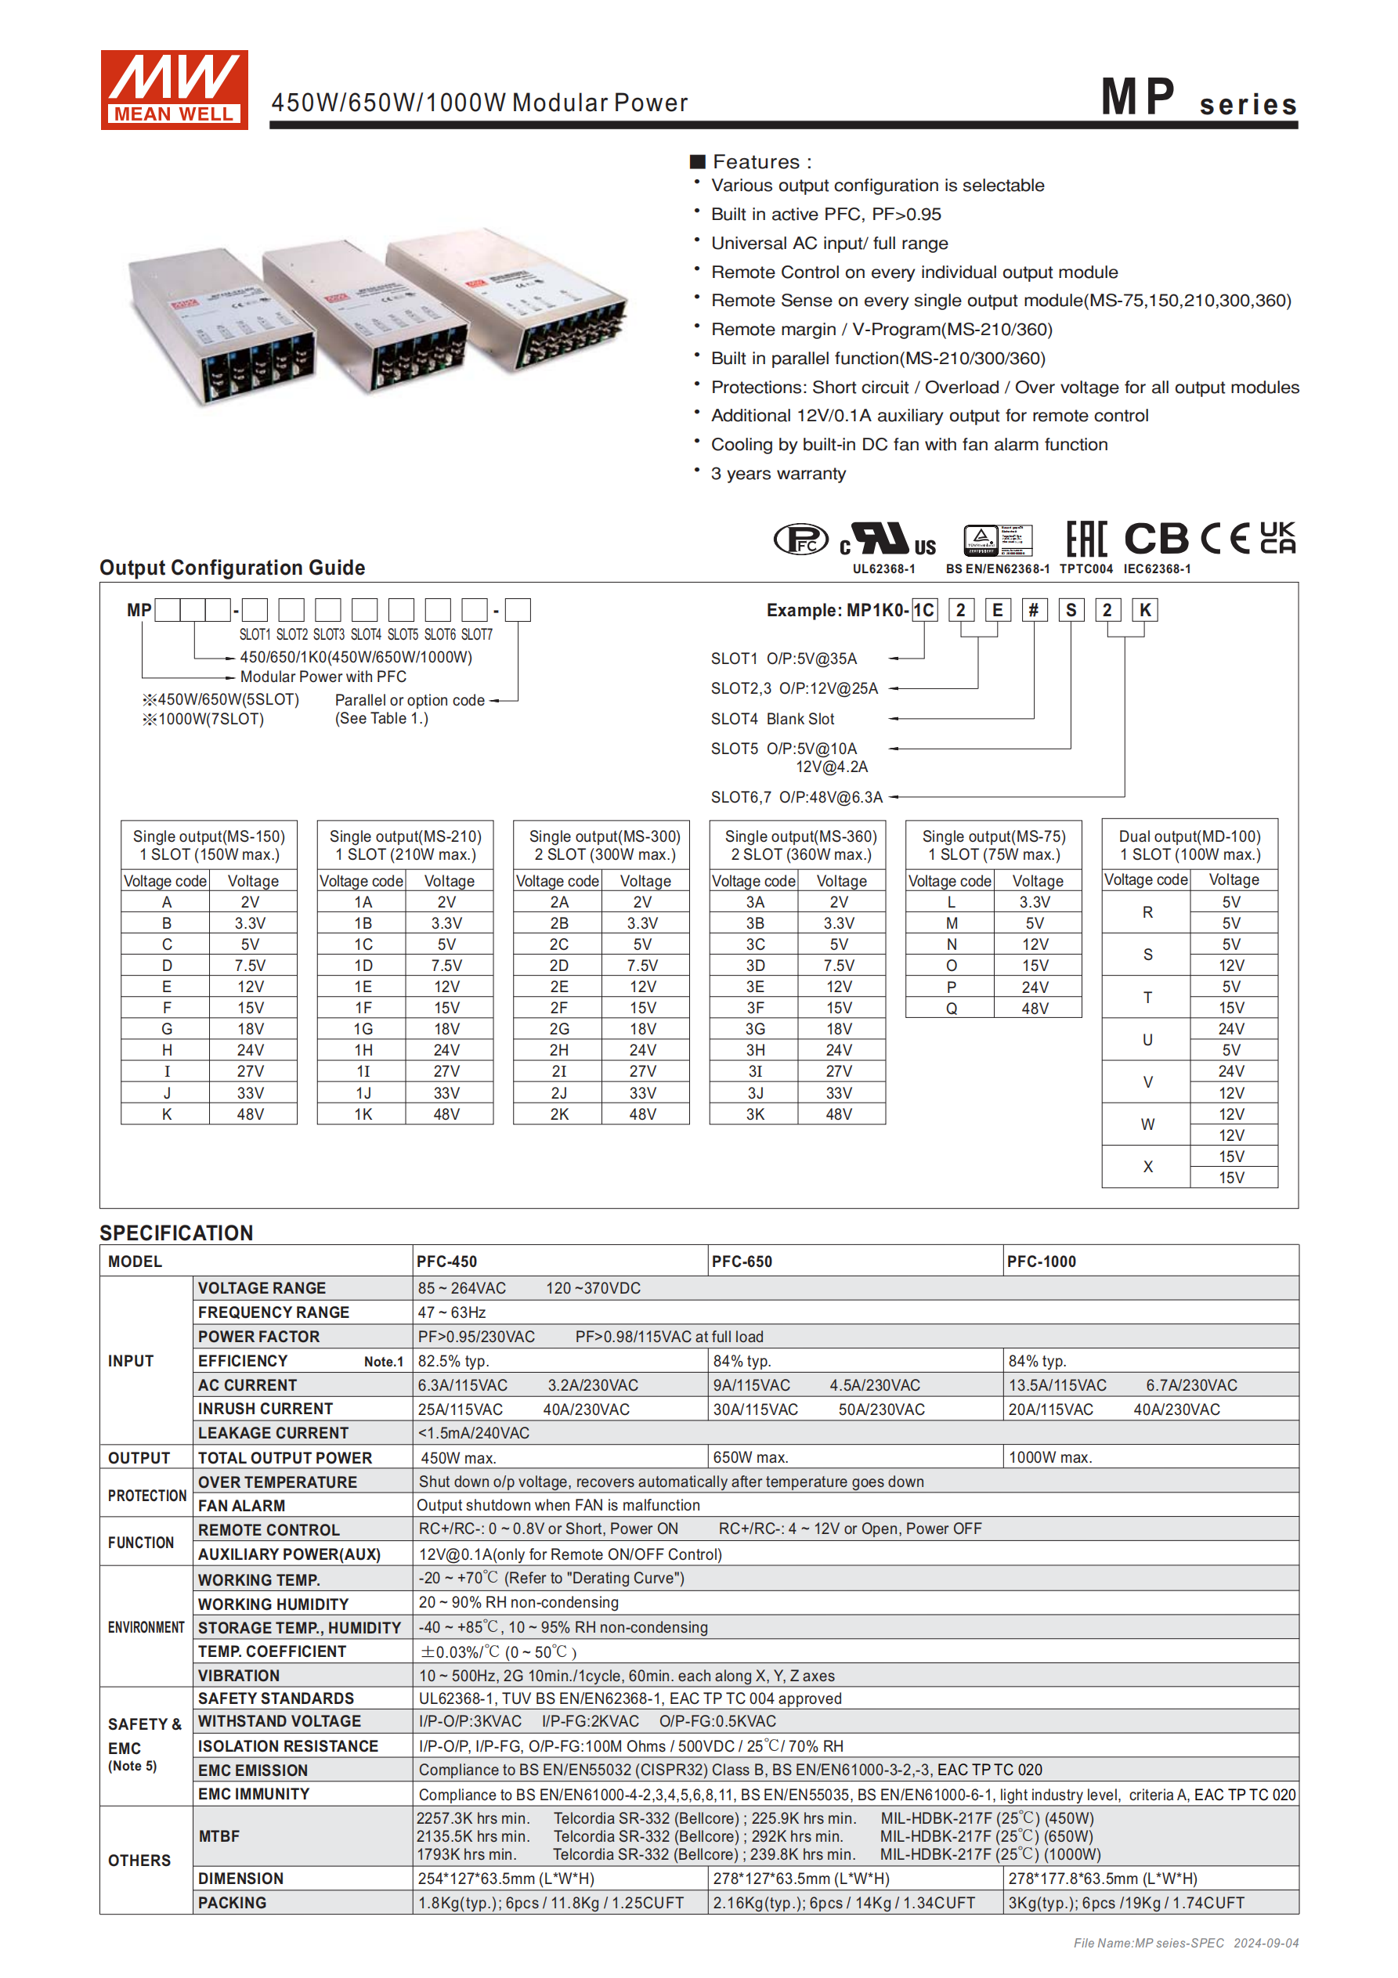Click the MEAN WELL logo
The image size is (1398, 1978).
pos(174,89)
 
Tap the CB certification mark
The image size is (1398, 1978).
pos(1157,540)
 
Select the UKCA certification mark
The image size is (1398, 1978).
pos(1277,538)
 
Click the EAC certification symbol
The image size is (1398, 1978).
pos(1086,540)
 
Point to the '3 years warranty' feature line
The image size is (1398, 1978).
pos(778,474)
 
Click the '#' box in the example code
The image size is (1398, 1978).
pos(1033,610)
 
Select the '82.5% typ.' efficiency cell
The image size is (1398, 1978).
pos(453,1361)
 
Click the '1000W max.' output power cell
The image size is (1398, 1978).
pos(1049,1457)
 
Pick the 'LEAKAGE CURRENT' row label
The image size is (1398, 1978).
pos(273,1433)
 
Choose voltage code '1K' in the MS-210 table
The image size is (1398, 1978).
pos(363,1114)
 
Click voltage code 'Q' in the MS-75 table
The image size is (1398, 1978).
pos(951,1008)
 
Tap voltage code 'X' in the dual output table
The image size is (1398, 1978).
pos(1147,1167)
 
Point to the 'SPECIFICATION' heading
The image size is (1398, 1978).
pos(176,1233)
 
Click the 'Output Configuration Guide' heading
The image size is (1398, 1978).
pos(232,568)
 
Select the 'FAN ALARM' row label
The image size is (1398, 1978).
pos(241,1506)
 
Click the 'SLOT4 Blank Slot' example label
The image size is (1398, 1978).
pos(772,719)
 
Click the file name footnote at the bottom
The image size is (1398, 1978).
pos(1185,1943)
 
